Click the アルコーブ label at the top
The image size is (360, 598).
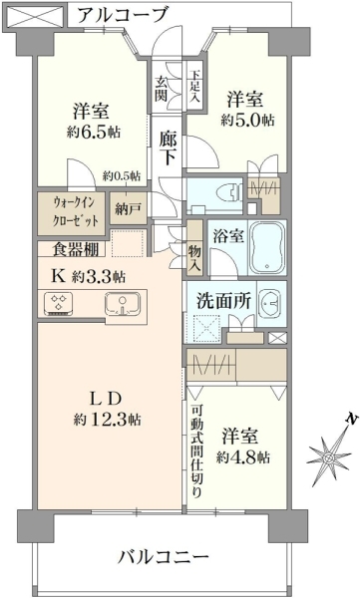[123, 15]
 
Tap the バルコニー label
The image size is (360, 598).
[163, 557]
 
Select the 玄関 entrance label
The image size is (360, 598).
[162, 89]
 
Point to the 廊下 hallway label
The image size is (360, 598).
[168, 148]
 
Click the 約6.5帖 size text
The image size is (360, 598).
[94, 132]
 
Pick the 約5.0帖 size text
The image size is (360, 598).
[247, 121]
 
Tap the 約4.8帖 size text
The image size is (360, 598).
[242, 456]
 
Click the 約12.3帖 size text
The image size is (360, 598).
[108, 420]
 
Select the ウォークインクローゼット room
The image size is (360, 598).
[72, 213]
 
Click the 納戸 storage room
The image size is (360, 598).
[129, 208]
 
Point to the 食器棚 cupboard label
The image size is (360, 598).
[76, 249]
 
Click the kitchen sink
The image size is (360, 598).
[123, 304]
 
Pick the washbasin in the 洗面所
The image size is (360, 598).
[270, 303]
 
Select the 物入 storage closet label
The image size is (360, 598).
[194, 258]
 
